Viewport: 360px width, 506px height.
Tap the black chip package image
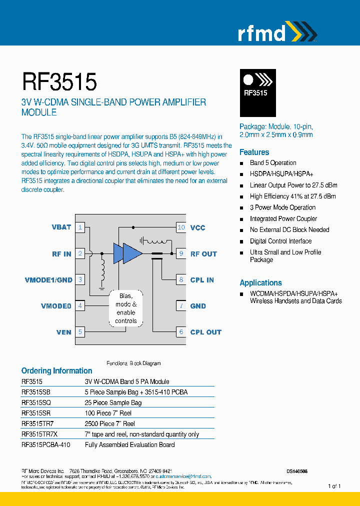pyautogui.click(x=257, y=92)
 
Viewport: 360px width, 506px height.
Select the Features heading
pyautogui.click(x=254, y=152)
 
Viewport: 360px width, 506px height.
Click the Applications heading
pyautogui.click(x=260, y=282)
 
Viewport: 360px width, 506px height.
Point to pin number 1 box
pyautogui.click(x=80, y=227)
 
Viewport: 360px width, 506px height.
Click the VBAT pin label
pyautogui.click(x=61, y=227)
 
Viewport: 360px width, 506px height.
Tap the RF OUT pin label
pyautogui.click(x=203, y=254)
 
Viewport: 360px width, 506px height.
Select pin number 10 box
pyautogui.click(x=181, y=227)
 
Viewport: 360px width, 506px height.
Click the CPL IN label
pyautogui.click(x=202, y=280)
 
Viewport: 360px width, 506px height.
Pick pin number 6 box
pyautogui.click(x=181, y=332)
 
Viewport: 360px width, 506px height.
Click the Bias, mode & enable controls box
pyautogui.click(x=125, y=308)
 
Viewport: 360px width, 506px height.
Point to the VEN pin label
pyautogui.click(x=64, y=332)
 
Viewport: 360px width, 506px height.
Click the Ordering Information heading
pyautogui.click(x=56, y=370)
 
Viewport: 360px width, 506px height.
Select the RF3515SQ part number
pyautogui.click(x=36, y=402)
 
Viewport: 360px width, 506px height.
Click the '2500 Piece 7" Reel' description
pyautogui.click(x=110, y=423)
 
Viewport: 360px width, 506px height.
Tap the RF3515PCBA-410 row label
pyautogui.click(x=45, y=444)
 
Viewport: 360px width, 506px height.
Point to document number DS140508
pyautogui.click(x=297, y=471)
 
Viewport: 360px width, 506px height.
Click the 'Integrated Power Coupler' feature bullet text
pyautogui.click(x=283, y=218)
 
